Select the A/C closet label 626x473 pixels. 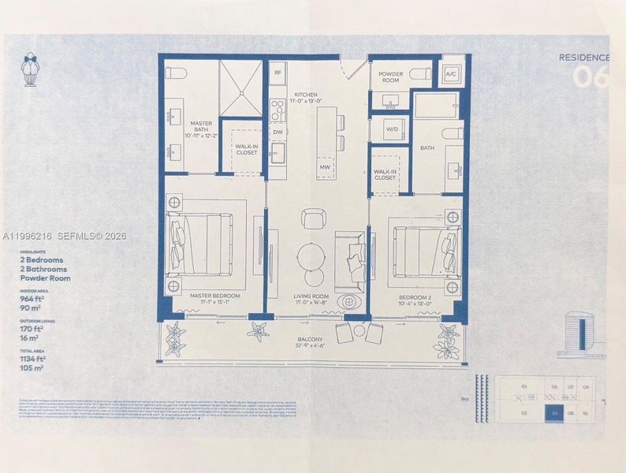pyautogui.click(x=452, y=75)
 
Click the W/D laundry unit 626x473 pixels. pyautogui.click(x=392, y=129)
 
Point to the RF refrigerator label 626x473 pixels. pyautogui.click(x=278, y=73)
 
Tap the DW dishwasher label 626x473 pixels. pyautogui.click(x=278, y=132)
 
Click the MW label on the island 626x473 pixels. pyautogui.click(x=325, y=167)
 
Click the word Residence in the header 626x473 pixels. pyautogui.click(x=583, y=57)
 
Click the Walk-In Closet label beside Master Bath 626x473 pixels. pyautogui.click(x=246, y=147)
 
